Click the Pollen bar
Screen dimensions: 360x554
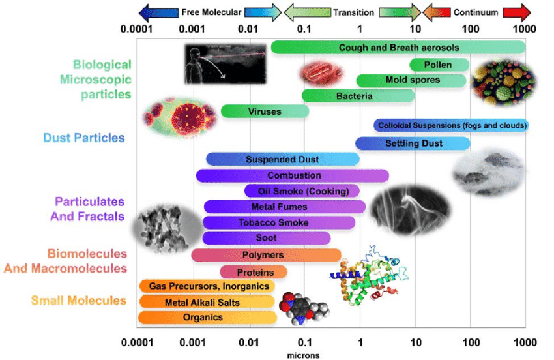[439, 65]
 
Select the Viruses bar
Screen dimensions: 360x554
[265, 112]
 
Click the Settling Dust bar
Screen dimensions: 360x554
[413, 143]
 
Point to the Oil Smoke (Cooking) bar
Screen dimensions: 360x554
[302, 191]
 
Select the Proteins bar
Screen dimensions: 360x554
[253, 272]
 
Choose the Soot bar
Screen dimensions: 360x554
[266, 238]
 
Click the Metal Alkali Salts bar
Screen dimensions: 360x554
[207, 302]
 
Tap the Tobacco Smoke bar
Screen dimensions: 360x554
[279, 222]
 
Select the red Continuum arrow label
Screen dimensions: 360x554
[476, 12]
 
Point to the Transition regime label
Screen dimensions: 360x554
[353, 12]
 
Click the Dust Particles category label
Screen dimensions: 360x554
[84, 138]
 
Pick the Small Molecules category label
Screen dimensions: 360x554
[78, 301]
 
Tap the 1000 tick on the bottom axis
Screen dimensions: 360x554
[525, 342]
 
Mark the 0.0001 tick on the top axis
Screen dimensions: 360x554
[136, 29]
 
